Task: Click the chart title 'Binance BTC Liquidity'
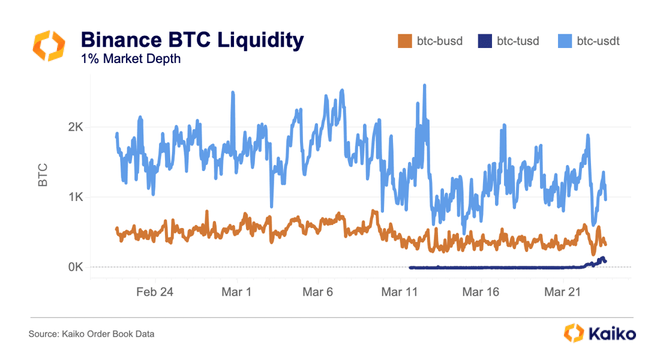[192, 40]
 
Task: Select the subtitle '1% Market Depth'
[130, 59]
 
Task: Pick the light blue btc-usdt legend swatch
[565, 41]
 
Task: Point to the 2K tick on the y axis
[74, 128]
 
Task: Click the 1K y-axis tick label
[74, 197]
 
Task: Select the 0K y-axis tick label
[74, 267]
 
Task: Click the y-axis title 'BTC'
[43, 175]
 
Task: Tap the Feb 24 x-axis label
[155, 292]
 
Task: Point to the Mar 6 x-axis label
[319, 292]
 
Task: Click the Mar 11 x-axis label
[400, 292]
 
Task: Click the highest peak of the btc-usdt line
[424, 85]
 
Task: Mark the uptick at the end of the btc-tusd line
[602, 259]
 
